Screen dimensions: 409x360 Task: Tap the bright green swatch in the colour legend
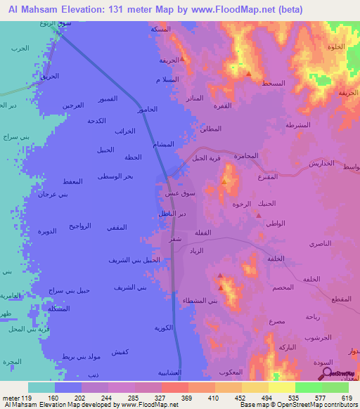[308, 387]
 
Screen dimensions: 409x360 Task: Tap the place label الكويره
[165, 327]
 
